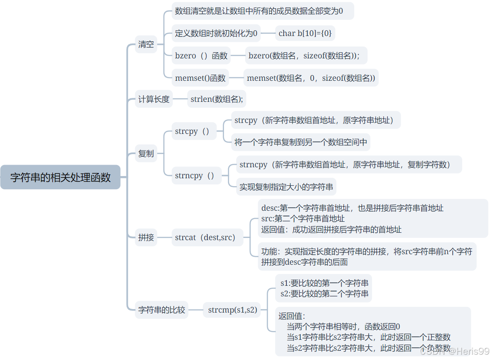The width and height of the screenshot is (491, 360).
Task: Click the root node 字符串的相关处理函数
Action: (x=60, y=177)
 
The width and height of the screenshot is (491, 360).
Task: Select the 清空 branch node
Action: (x=146, y=44)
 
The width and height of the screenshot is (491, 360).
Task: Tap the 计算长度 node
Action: (x=154, y=99)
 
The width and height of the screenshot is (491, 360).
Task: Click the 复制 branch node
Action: (x=146, y=154)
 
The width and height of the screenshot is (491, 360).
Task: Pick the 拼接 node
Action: (x=146, y=238)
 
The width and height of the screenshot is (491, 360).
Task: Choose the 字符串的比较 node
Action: (x=162, y=310)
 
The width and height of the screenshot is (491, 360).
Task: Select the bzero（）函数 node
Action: (x=201, y=56)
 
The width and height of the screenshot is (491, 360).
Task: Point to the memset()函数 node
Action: (x=200, y=78)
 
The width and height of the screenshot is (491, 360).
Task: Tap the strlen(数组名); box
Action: (x=217, y=99)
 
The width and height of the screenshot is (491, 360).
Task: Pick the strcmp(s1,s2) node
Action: (x=232, y=310)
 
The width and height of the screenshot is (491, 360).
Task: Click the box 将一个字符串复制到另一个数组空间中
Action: (x=300, y=142)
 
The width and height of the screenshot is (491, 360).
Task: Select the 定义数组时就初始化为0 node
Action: (x=216, y=33)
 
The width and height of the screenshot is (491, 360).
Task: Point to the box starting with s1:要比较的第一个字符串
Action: (x=324, y=288)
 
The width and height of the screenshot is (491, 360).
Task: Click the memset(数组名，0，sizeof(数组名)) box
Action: (x=311, y=78)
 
